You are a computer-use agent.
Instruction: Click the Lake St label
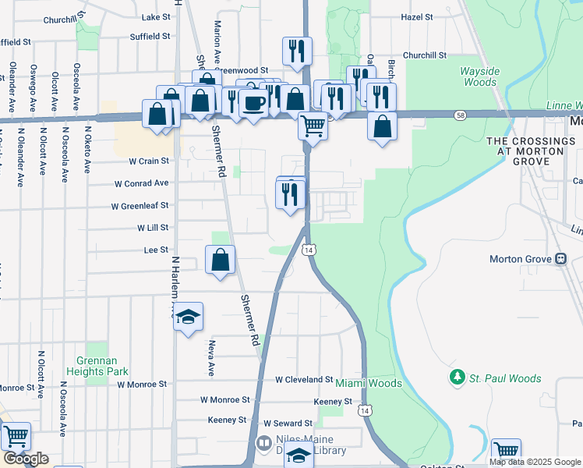[x=156, y=16]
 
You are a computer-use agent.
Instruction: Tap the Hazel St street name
[x=417, y=16]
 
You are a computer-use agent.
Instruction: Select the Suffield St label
[x=150, y=36]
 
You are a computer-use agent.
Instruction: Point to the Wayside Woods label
[x=479, y=76]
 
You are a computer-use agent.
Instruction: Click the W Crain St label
[x=148, y=161]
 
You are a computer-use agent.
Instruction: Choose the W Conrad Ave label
[x=141, y=183]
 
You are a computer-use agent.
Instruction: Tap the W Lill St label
[x=153, y=228]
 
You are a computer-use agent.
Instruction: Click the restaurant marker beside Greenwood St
[x=297, y=51]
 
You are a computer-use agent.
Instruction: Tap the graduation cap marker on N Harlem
[x=188, y=317]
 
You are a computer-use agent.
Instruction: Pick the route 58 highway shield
[x=461, y=115]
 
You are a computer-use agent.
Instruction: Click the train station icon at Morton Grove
[x=560, y=259]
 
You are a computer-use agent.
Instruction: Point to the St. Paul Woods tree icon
[x=458, y=378]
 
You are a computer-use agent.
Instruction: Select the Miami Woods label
[x=369, y=384]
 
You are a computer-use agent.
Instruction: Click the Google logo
[x=25, y=459]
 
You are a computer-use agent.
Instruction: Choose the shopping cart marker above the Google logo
[x=15, y=437]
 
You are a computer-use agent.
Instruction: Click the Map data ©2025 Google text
[x=535, y=462]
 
